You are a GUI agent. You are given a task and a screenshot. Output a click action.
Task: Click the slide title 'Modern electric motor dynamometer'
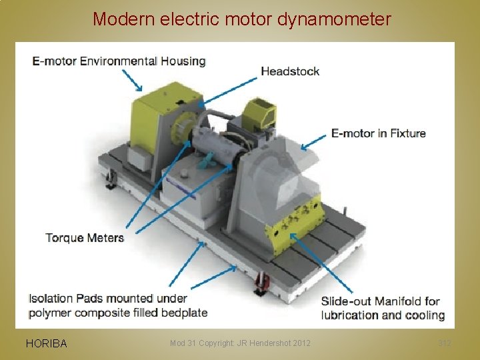[241, 19]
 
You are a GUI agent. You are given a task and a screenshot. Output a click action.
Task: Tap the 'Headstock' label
[290, 71]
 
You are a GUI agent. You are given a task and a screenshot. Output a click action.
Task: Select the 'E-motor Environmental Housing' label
[119, 61]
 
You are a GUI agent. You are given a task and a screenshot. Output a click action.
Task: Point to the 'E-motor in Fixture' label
[378, 133]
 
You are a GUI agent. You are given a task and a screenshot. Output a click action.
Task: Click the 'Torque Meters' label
[85, 237]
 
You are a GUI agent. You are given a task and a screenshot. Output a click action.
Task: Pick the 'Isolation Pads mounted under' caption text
[108, 298]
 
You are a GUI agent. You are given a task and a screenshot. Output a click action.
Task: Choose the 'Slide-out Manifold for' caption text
[381, 301]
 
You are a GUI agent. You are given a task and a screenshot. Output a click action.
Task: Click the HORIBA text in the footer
[46, 344]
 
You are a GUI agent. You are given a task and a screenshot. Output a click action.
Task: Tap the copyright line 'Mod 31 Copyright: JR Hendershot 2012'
[240, 343]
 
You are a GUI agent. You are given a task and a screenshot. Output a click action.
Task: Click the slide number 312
[445, 343]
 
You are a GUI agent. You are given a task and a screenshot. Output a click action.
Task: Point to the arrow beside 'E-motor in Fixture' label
[313, 141]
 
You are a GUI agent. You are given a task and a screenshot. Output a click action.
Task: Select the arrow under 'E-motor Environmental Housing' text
[132, 81]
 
